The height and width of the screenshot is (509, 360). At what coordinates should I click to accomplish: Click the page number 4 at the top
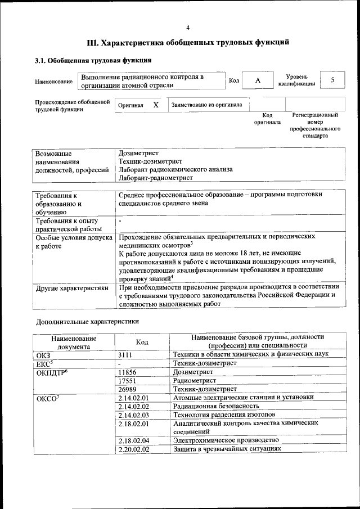pyautogui.click(x=188, y=28)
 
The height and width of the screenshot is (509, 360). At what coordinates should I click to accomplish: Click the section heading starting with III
pyautogui.click(x=188, y=42)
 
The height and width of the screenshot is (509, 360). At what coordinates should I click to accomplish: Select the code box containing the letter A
pyautogui.click(x=258, y=80)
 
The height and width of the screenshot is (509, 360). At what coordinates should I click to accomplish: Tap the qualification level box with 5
pyautogui.click(x=332, y=80)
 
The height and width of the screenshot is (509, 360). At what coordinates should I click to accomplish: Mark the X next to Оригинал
pyautogui.click(x=156, y=105)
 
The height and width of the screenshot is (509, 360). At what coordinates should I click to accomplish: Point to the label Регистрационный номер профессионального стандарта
pyautogui.click(x=314, y=125)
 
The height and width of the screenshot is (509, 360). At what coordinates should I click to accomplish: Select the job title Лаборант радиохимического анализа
pyautogui.click(x=175, y=169)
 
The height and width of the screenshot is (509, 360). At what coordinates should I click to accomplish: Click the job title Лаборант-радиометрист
pyautogui.click(x=156, y=178)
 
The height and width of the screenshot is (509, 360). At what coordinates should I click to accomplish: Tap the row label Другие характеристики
pyautogui.click(x=71, y=288)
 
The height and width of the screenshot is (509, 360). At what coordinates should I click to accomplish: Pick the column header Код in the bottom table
pyautogui.click(x=142, y=341)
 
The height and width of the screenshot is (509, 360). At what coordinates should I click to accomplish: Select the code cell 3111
pyautogui.click(x=127, y=354)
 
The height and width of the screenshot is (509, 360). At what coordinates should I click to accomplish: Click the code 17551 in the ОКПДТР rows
pyautogui.click(x=128, y=380)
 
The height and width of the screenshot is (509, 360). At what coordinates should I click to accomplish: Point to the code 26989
pyautogui.click(x=128, y=389)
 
